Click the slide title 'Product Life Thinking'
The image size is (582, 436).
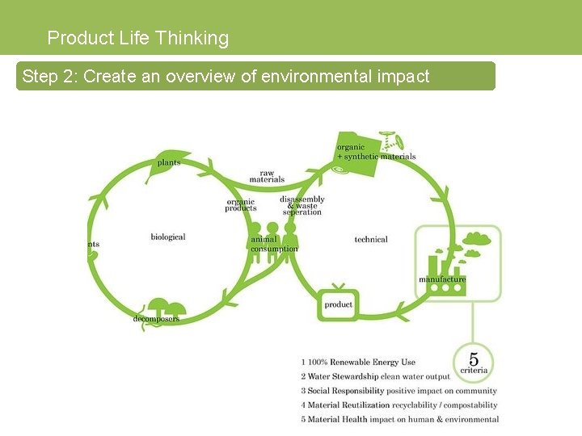138,38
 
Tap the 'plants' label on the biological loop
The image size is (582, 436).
169,162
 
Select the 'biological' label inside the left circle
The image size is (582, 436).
167,237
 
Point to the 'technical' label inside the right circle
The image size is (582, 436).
371,239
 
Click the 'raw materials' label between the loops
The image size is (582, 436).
267,176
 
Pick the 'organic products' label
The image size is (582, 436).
240,205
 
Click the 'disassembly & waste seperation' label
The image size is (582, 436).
302,205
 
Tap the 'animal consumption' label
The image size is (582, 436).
274,244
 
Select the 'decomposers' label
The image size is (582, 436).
156,319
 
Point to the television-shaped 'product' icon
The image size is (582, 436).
338,304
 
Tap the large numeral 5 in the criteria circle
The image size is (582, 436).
474,358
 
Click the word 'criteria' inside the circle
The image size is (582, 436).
474,371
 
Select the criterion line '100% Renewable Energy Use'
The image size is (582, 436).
358,363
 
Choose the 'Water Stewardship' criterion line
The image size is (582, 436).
375,377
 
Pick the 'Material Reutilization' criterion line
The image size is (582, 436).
399,405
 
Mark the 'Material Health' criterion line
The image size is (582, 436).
399,419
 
